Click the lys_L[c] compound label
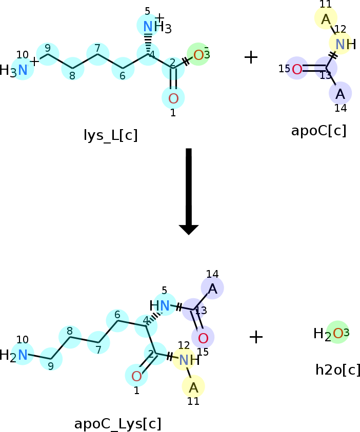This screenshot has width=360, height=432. point(111,135)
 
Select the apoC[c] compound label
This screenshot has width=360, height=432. point(318,131)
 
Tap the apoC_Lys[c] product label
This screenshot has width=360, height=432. point(118,424)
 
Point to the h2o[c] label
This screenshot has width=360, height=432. point(337,369)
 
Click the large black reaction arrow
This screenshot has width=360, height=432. point(189,192)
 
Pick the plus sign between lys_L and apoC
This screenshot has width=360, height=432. point(251,57)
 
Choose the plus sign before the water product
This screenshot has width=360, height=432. point(256,337)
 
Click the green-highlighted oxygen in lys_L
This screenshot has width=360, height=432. point(198,55)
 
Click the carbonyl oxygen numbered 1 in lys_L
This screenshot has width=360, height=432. point(173,98)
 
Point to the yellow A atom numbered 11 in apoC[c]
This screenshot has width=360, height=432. point(326,19)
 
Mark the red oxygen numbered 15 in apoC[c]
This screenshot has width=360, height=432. point(297,69)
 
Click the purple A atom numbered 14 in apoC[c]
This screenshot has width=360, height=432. point(340,94)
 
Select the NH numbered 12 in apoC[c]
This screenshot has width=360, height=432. point(346,44)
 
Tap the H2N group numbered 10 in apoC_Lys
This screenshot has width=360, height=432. point(14,355)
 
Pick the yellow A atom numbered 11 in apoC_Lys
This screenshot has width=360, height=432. point(193,387)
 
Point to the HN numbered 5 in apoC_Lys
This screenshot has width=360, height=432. point(159,305)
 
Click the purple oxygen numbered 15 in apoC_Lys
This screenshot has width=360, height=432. point(203,338)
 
